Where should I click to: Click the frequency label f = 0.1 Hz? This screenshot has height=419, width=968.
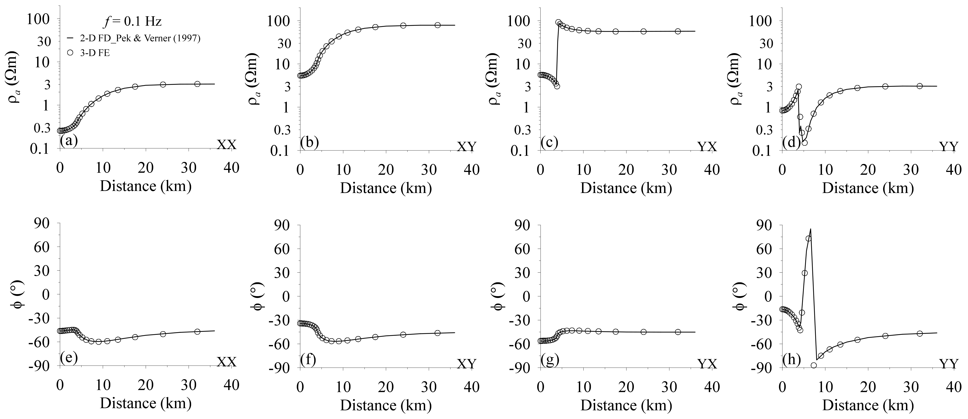coord(132,22)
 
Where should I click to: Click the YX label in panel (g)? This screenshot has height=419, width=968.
coord(707,363)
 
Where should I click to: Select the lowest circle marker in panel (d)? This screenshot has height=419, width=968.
coord(805,143)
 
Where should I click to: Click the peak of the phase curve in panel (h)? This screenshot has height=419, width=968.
coord(810,229)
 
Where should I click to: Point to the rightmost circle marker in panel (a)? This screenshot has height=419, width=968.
coord(197,84)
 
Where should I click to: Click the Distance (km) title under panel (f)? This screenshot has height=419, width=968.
coord(386,405)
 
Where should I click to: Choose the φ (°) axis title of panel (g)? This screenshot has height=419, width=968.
coord(497,297)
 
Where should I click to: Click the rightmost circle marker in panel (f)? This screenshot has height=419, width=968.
coord(437,333)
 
